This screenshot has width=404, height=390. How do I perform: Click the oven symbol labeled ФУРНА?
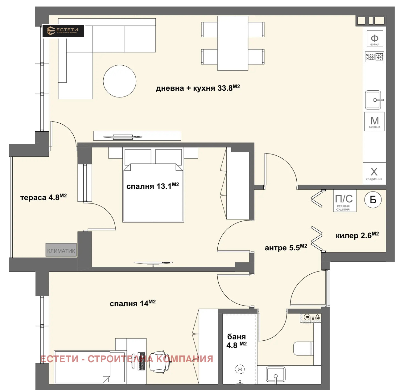[x=374, y=39]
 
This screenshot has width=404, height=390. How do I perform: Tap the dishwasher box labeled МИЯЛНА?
[x=374, y=122]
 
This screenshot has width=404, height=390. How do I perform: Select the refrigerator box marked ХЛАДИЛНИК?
[x=374, y=174]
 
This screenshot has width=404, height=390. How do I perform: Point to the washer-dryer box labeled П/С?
[x=344, y=200]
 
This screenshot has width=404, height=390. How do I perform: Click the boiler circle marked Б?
[x=373, y=200]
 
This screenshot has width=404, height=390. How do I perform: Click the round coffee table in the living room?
[x=120, y=81]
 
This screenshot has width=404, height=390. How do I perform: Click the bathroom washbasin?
[x=276, y=375]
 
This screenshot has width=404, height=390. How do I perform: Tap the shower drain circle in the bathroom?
[x=240, y=369]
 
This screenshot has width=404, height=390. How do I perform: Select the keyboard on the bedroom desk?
[x=141, y=361]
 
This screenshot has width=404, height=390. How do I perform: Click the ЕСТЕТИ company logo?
[x=63, y=31]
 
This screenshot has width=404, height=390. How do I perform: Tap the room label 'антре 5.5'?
[x=286, y=247]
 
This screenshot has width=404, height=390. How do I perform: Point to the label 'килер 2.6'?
[x=357, y=235]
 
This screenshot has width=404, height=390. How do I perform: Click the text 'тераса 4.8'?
[x=43, y=197]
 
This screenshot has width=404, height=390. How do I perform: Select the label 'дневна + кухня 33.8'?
[x=198, y=88]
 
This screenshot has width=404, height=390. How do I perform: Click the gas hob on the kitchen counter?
[x=374, y=57]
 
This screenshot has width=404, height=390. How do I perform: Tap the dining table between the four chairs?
[x=233, y=43]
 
